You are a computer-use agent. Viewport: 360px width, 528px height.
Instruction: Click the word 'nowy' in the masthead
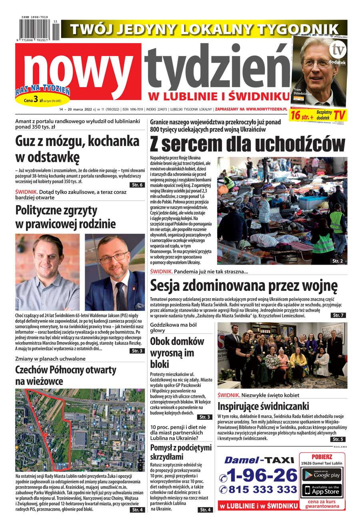pyautogui.click(x=78, y=70)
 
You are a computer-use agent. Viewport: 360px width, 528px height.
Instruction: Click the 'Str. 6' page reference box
pyautogui.click(x=137, y=185)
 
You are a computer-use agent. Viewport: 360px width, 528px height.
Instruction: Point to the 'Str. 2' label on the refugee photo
pyautogui.click(x=338, y=261)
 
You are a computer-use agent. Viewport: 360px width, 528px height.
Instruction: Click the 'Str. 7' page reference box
pyautogui.click(x=338, y=315)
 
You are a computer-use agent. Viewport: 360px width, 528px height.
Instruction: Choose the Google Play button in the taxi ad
pyautogui.click(x=322, y=475)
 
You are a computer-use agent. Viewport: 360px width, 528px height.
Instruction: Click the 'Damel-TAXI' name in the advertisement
pyautogui.click(x=259, y=460)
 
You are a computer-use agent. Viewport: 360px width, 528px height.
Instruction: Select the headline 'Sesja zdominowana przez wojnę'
pyautogui.click(x=244, y=286)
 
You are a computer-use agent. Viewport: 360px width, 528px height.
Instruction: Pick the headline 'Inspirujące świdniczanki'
pyautogui.click(x=263, y=406)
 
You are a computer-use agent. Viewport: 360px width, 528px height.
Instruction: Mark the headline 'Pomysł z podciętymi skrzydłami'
pyautogui.click(x=181, y=452)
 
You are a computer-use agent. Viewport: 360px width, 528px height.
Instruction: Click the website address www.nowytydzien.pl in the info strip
pyautogui.click(x=267, y=109)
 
